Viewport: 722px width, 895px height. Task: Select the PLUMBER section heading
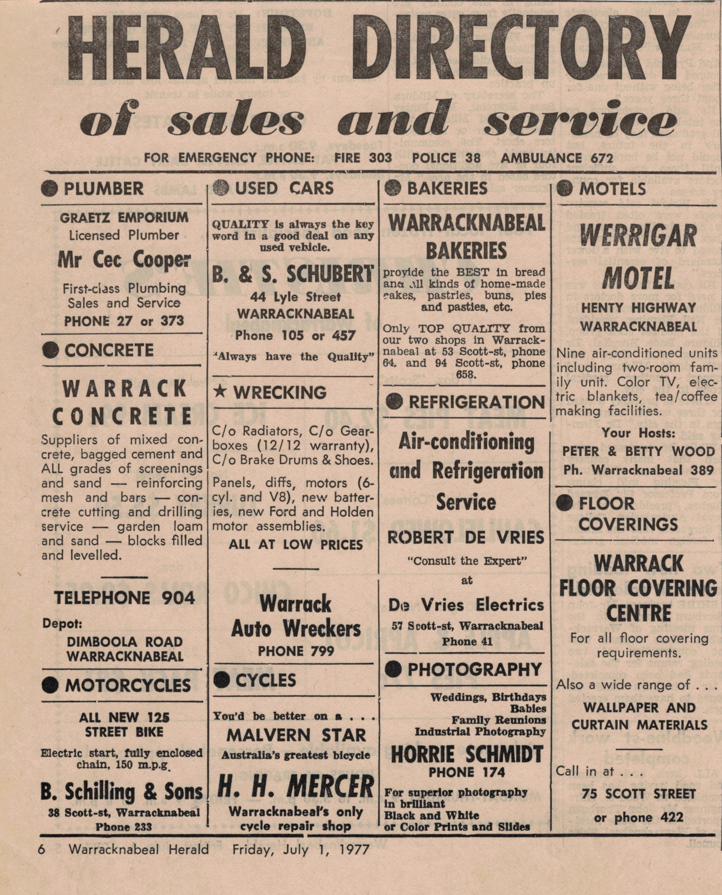click(103, 189)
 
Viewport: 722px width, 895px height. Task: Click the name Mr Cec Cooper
click(124, 260)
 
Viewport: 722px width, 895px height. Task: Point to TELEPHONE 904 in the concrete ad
click(124, 598)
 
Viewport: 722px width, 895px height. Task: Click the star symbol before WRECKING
click(220, 391)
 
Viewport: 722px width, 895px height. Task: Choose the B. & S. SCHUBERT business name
click(293, 274)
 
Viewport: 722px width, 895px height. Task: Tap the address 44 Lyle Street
click(295, 297)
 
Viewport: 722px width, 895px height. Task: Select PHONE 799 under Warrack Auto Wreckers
click(295, 651)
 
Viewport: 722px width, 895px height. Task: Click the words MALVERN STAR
click(296, 736)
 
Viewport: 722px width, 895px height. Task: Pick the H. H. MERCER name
click(296, 787)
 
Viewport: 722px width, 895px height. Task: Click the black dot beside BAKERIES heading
click(393, 189)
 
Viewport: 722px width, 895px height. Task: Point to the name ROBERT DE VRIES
click(466, 538)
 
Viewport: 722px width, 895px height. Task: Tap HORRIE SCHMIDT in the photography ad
click(467, 754)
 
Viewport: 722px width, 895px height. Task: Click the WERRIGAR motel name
click(638, 235)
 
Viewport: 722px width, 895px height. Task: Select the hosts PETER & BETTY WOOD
click(638, 451)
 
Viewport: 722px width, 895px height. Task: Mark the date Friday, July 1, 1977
click(301, 849)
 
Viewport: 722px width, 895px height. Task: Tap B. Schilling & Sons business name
click(121, 792)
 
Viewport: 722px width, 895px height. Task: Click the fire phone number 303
click(380, 158)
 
